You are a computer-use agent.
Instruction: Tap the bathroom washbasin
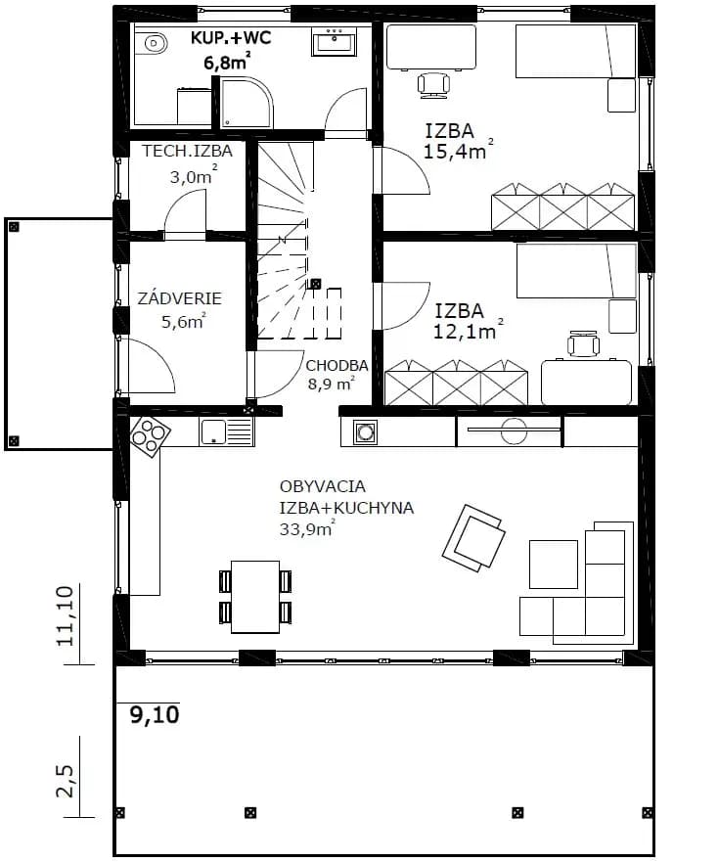coord(335,42)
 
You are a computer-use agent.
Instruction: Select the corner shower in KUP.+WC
coord(246,102)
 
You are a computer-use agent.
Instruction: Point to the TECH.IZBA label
coord(188,151)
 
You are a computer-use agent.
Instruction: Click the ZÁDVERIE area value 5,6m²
coord(184,321)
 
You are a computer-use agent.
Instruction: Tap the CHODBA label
coord(337,366)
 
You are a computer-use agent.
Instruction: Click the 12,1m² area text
coord(469,331)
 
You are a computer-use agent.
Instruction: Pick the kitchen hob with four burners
coord(150,436)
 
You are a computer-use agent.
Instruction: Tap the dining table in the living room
coord(255,597)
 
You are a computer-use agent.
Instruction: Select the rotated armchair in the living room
coord(473,536)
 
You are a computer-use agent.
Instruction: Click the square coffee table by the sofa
coord(553,565)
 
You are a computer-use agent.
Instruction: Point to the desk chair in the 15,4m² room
coord(433,85)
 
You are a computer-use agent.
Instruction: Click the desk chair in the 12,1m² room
coord(583,344)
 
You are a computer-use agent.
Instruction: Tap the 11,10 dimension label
coord(66,615)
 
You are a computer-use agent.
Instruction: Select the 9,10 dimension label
coord(155,714)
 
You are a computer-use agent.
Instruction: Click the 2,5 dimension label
coord(66,780)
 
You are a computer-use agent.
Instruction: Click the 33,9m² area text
coord(307,529)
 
